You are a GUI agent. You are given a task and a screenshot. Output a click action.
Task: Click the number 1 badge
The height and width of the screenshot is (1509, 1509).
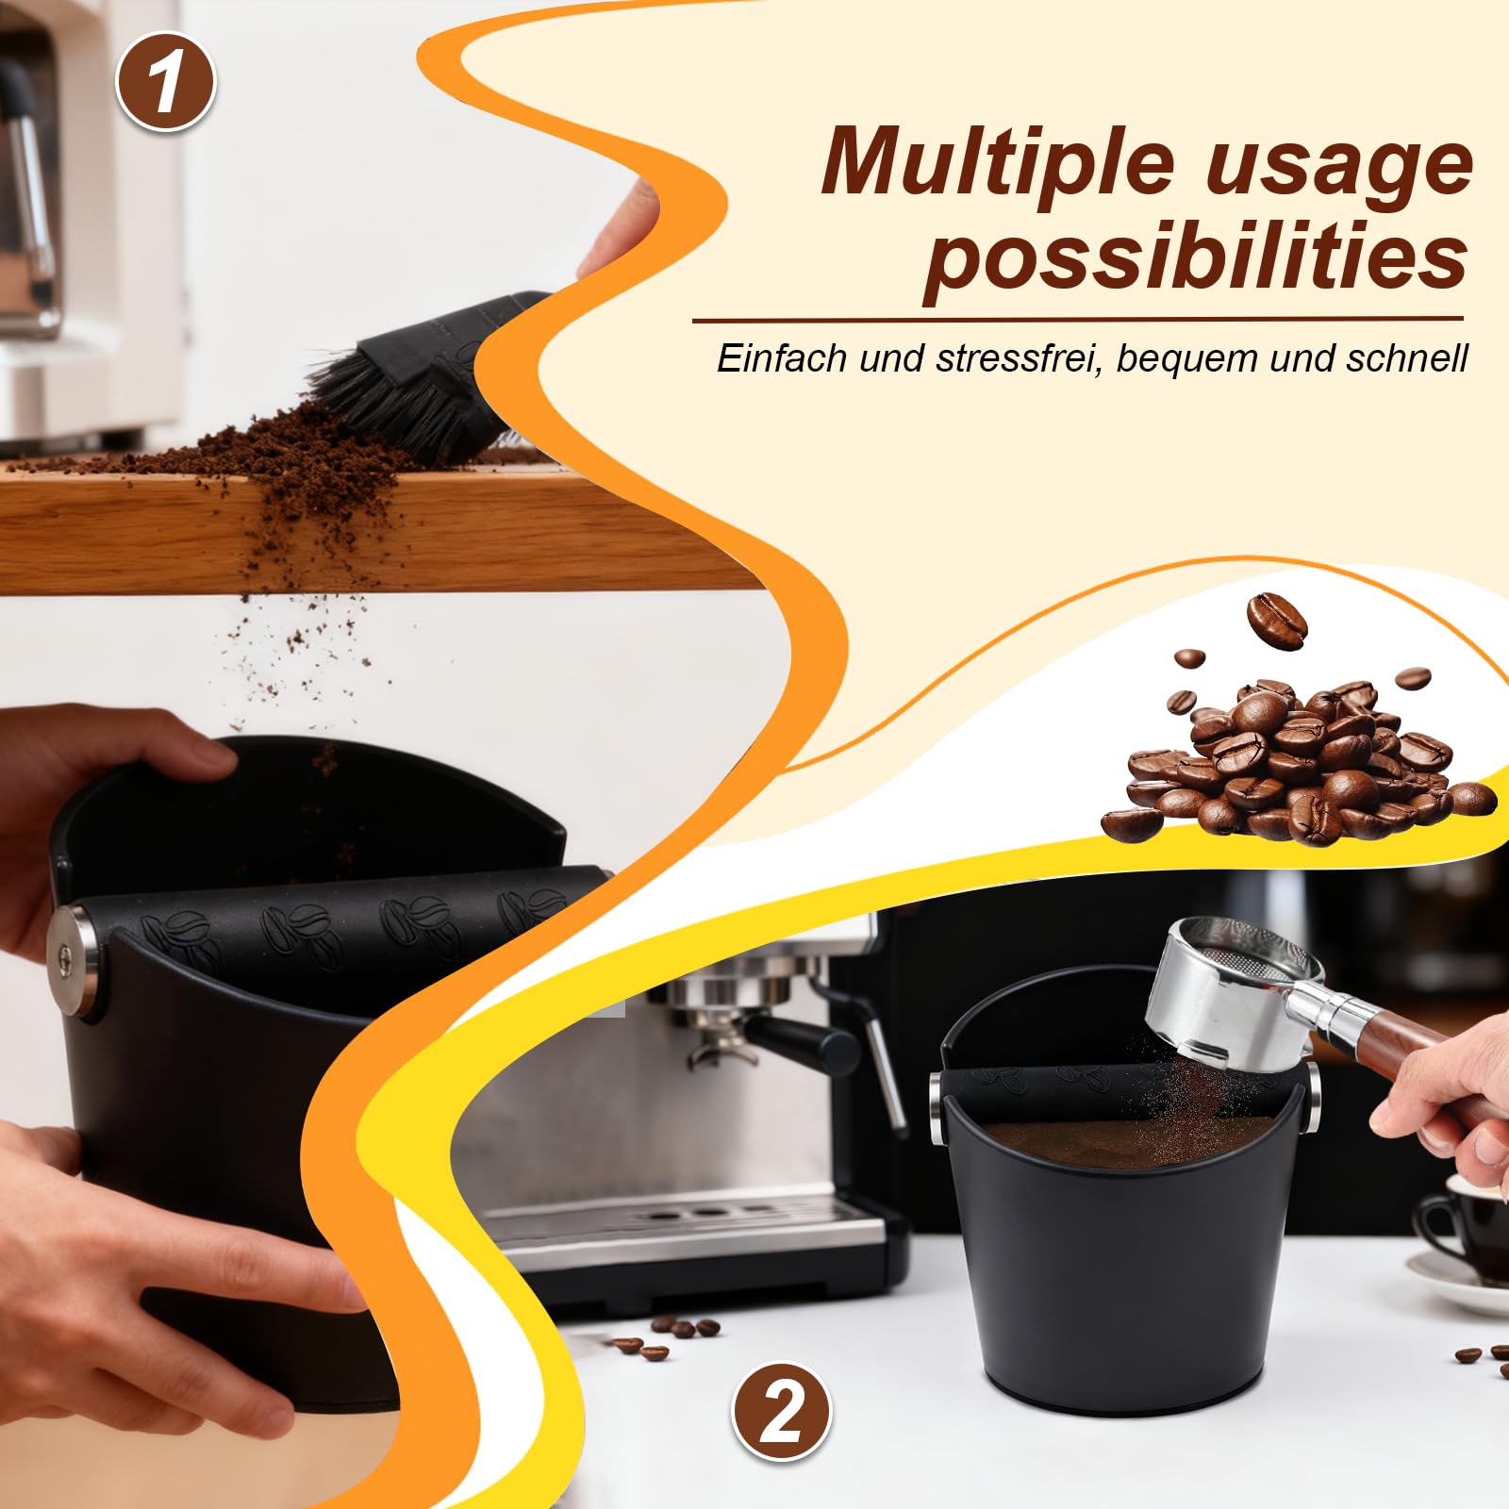[x=166, y=82]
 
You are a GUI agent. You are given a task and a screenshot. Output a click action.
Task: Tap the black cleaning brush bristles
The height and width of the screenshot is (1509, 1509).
[x=396, y=396]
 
